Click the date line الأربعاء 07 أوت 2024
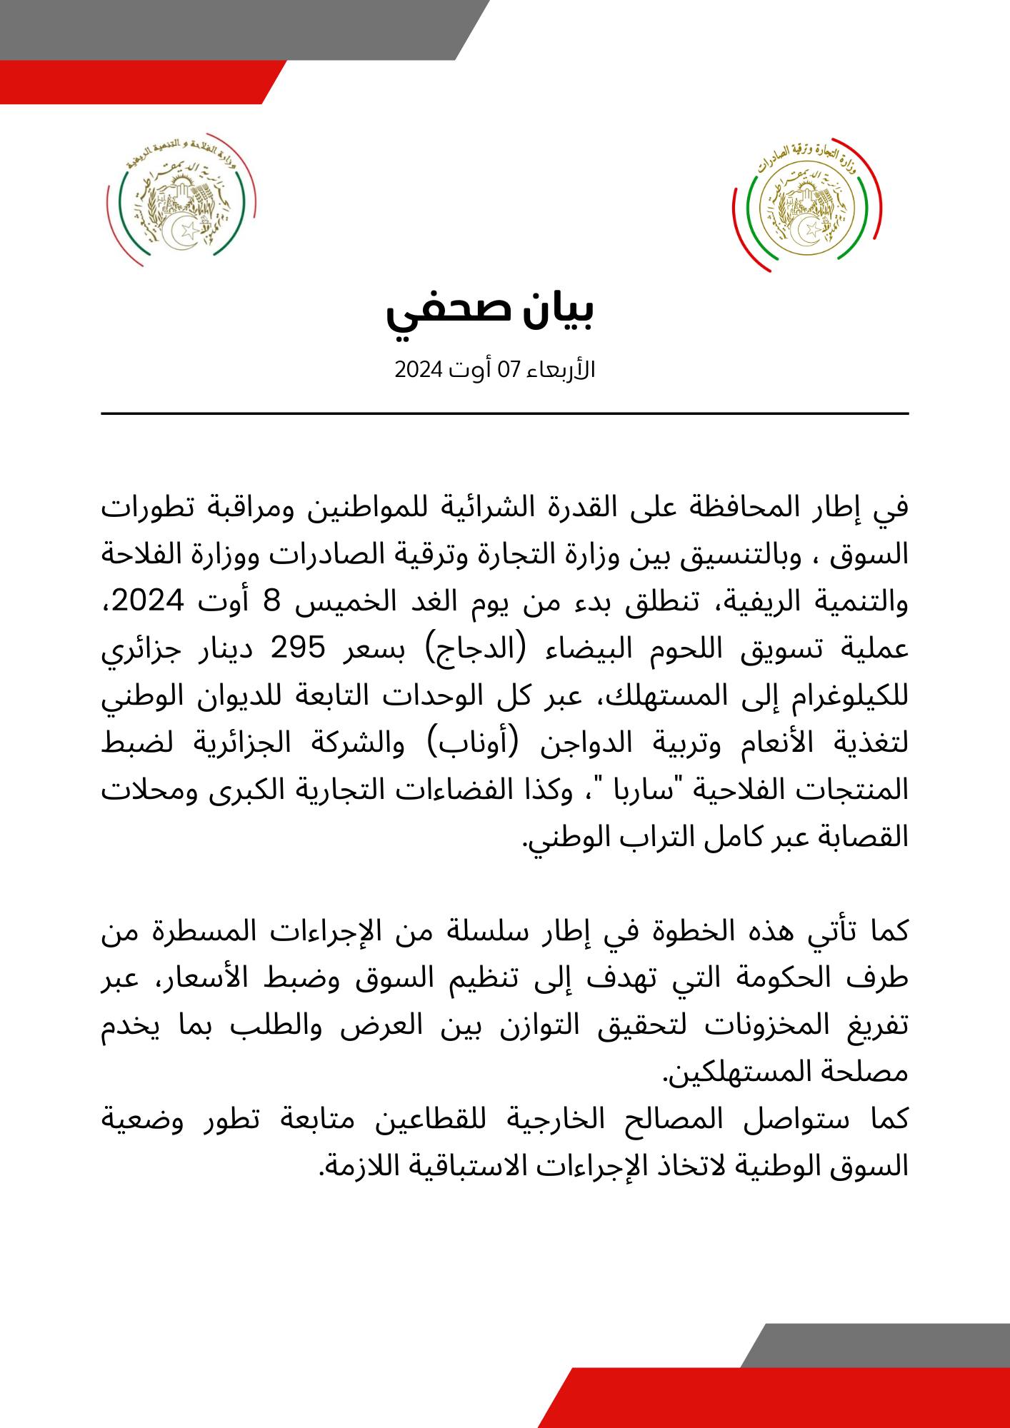click(x=495, y=371)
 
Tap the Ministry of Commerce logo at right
click(x=806, y=206)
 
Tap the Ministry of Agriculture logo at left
click(x=181, y=200)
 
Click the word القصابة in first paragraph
click(x=861, y=836)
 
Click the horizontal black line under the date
click(x=504, y=413)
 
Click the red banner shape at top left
click(x=136, y=81)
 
